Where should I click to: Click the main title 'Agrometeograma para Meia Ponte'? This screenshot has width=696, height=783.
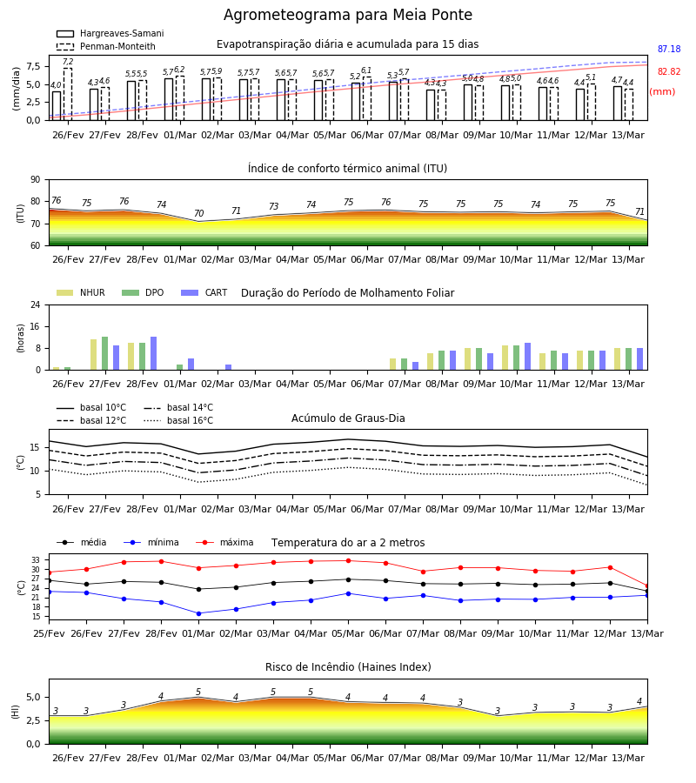pyautogui.click(x=347, y=15)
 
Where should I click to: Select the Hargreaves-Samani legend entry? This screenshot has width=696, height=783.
pyautogui.click(x=110, y=33)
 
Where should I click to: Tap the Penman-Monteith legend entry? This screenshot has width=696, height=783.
pyautogui.click(x=106, y=46)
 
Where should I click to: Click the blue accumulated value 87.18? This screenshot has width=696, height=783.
pyautogui.click(x=669, y=49)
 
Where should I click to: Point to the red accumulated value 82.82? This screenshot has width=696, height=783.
pyautogui.click(x=669, y=71)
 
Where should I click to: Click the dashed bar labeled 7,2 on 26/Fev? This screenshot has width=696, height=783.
pyautogui.click(x=67, y=94)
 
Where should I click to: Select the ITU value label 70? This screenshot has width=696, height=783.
pyautogui.click(x=198, y=213)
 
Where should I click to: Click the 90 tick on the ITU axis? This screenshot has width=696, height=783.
pyautogui.click(x=35, y=180)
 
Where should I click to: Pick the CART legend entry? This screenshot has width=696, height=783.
pyautogui.click(x=204, y=292)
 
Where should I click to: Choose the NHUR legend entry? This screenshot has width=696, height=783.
pyautogui.click(x=81, y=292)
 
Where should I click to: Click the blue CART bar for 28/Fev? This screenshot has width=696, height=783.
pyautogui.click(x=153, y=353)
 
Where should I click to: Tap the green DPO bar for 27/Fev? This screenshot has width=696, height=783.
pyautogui.click(x=105, y=353)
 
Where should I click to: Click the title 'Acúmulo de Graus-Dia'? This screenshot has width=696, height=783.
pyautogui.click(x=348, y=418)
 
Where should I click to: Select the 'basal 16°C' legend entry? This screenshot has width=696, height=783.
pyautogui.click(x=178, y=420)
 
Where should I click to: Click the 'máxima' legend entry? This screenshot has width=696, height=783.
pyautogui.click(x=224, y=542)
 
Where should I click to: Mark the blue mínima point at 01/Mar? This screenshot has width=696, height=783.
pyautogui.click(x=198, y=613)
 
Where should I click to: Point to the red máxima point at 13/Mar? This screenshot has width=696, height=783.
pyautogui.click(x=647, y=586)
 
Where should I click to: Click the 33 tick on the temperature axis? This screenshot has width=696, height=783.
pyautogui.click(x=37, y=560)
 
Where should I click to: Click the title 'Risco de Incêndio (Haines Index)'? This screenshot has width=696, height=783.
pyautogui.click(x=348, y=667)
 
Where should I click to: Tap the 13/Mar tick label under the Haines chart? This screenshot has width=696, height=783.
pyautogui.click(x=628, y=758)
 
